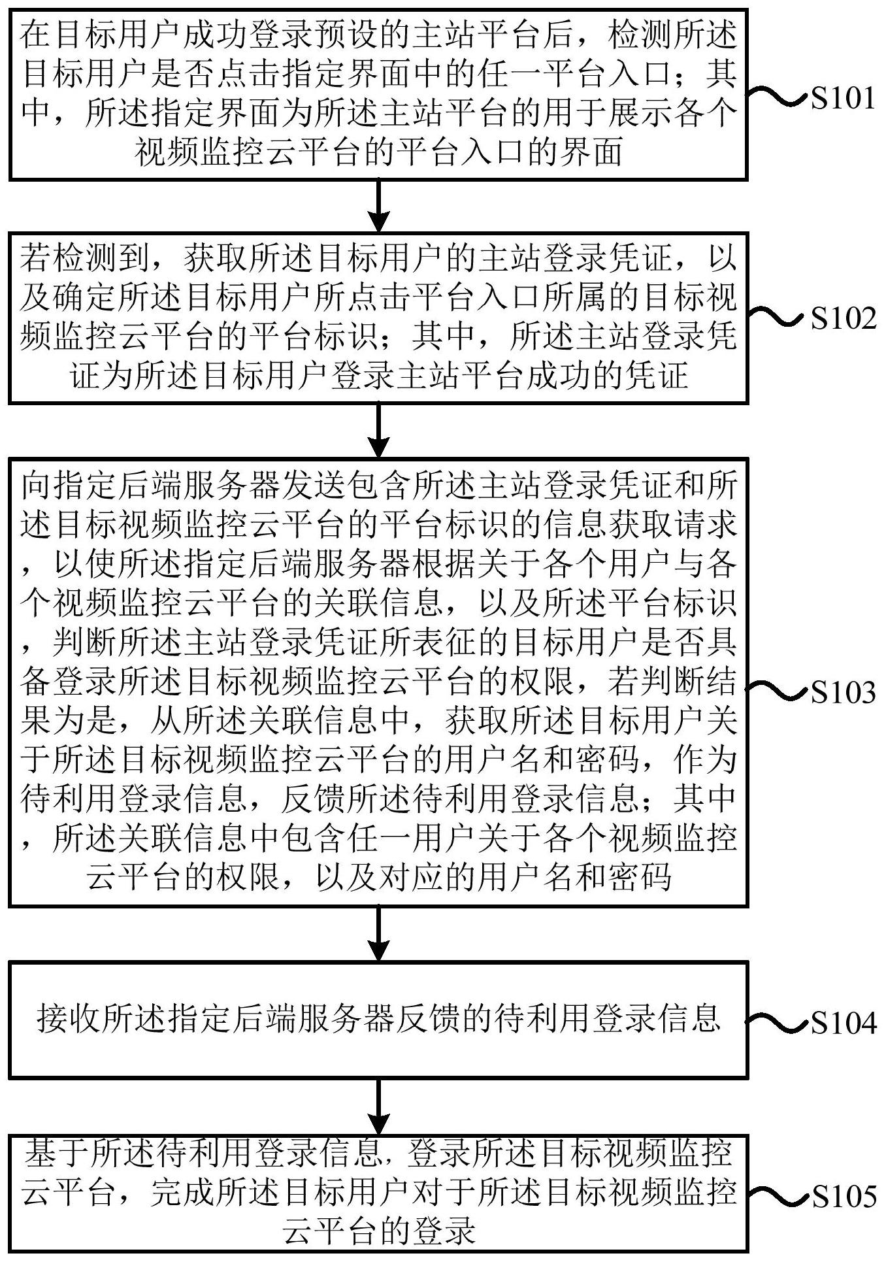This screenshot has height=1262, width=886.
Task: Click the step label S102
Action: [842, 318]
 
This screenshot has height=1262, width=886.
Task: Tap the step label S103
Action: [842, 692]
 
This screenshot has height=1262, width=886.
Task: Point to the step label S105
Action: [842, 1197]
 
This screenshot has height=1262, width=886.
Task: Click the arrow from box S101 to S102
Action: [379, 205]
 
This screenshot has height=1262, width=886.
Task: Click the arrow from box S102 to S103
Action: [379, 430]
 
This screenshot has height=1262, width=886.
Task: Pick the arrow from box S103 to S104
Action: [379, 933]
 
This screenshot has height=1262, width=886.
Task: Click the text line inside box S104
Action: [379, 1018]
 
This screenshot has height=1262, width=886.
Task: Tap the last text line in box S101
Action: [379, 154]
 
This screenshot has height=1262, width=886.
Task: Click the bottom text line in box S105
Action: [379, 1233]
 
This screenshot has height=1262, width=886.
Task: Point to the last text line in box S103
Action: [379, 878]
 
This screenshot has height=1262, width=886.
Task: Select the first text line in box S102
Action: [379, 259]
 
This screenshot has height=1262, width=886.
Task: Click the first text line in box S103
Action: [379, 486]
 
